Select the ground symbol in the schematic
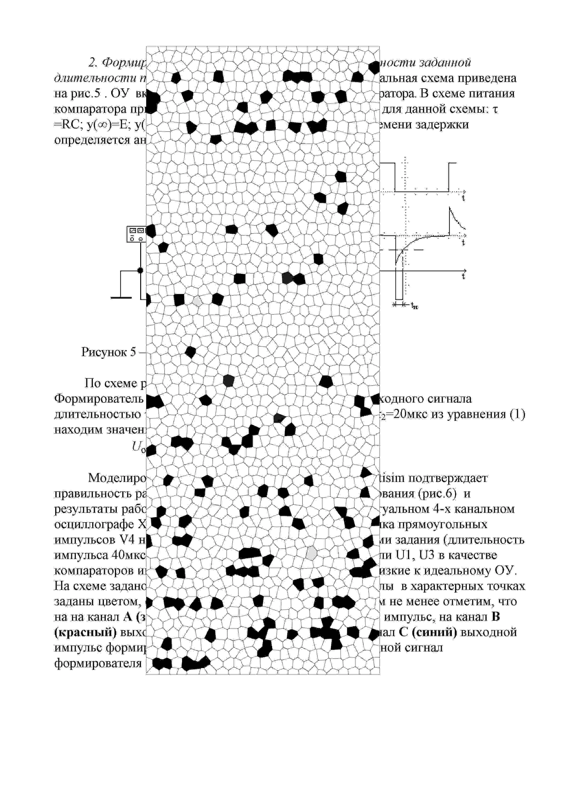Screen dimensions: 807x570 coord(121,297)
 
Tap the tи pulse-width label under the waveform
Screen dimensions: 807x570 coord(414,306)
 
